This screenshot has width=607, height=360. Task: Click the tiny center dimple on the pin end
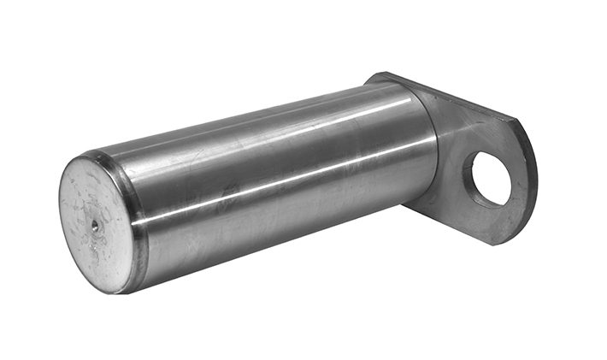pyautogui.click(x=93, y=227)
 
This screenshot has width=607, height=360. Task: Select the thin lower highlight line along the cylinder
pyautogui.click(x=282, y=183)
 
